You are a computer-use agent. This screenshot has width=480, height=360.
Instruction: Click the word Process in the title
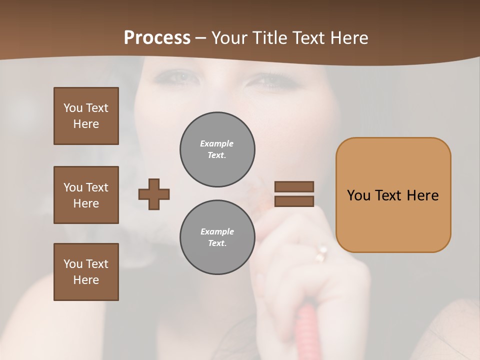(x=157, y=38)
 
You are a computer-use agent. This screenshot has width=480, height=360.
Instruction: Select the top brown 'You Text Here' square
(x=86, y=116)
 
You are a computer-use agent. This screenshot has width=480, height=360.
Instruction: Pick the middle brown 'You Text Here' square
(x=86, y=195)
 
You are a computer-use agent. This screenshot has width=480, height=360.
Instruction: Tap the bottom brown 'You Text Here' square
(x=86, y=272)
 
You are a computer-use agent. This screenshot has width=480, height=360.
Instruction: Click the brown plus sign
(x=154, y=194)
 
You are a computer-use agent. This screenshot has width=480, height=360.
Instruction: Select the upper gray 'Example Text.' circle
(x=217, y=149)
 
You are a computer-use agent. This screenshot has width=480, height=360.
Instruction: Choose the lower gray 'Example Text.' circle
(x=217, y=237)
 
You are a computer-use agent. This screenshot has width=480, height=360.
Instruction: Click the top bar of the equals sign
(x=294, y=186)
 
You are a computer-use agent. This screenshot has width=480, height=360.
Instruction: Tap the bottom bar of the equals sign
(x=294, y=201)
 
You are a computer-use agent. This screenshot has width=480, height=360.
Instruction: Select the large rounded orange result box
(x=393, y=195)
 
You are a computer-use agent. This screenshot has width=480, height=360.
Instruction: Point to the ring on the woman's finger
(x=320, y=254)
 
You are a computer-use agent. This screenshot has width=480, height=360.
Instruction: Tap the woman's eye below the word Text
(x=274, y=81)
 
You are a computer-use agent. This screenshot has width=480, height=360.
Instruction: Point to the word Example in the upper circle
(x=217, y=143)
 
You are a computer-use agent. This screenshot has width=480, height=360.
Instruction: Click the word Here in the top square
(x=86, y=124)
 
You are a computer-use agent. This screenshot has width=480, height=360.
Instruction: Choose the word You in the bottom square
(x=73, y=263)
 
